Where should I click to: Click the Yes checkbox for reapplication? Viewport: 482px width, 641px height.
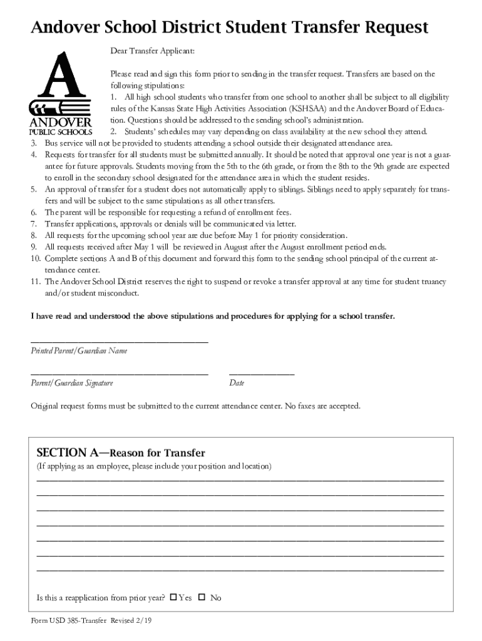click(174, 597)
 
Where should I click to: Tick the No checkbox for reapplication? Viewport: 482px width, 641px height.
click(202, 597)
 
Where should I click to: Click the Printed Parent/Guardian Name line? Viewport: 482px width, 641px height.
click(120, 341)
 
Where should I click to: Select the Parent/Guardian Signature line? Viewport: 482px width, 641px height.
click(120, 373)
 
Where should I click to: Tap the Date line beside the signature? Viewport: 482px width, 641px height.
click(262, 373)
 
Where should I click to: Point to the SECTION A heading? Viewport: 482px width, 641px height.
click(121, 453)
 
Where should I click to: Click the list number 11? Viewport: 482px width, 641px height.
click(36, 282)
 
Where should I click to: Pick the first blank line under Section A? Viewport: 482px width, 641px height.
click(240, 479)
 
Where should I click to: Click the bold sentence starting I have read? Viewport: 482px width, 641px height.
click(213, 316)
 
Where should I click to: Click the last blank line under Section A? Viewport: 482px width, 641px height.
click(240, 570)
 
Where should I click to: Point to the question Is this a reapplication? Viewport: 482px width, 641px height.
click(101, 598)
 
